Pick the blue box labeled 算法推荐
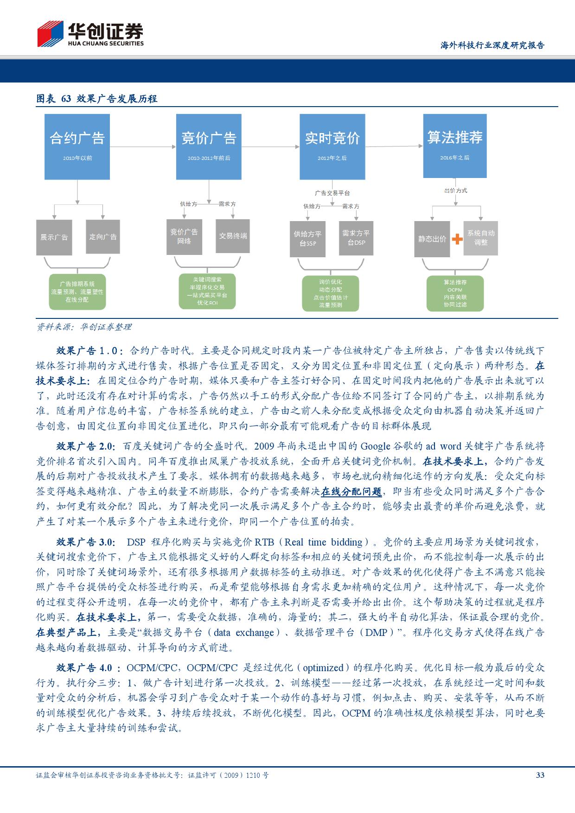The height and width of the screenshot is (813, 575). click(x=454, y=145)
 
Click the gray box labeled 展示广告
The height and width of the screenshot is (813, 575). click(x=54, y=237)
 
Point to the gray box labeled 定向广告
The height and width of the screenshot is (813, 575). click(x=103, y=237)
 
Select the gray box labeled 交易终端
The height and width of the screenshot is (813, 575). click(x=233, y=236)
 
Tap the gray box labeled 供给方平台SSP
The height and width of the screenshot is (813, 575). click(x=307, y=239)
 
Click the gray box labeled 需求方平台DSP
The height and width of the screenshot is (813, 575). click(x=356, y=238)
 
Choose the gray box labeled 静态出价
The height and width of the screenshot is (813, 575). click(x=432, y=239)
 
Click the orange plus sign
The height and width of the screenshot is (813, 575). click(x=457, y=239)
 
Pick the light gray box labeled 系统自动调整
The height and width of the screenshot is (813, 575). click(x=481, y=238)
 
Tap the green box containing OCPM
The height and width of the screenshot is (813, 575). click(x=455, y=293)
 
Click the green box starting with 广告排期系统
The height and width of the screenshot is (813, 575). click(x=77, y=292)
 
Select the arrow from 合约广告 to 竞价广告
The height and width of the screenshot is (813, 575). click(x=143, y=147)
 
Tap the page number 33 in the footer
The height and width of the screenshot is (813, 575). click(x=540, y=775)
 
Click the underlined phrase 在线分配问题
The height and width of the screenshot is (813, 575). click(x=351, y=491)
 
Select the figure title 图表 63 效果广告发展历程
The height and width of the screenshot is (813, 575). click(x=97, y=98)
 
